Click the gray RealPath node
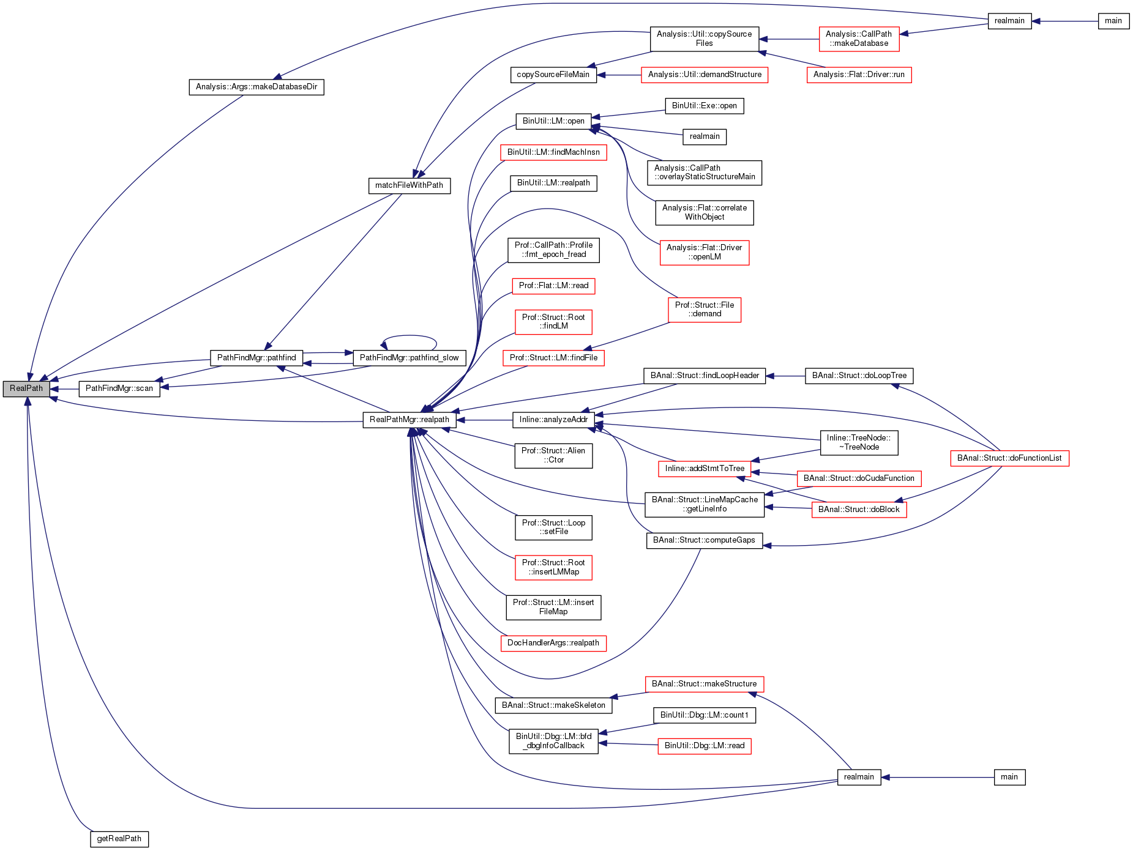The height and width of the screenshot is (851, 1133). pos(26,388)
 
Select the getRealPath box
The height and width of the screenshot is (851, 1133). pos(119,839)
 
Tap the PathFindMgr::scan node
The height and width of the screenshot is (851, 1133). pos(119,388)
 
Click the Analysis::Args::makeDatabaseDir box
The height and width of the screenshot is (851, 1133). pos(256,87)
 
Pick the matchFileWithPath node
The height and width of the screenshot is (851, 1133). pos(409,185)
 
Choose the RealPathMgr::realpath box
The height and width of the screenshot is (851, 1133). pos(409,420)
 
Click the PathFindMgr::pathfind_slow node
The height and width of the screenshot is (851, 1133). pos(409,358)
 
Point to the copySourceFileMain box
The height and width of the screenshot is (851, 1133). pos(553,75)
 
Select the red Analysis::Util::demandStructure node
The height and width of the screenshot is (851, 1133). pos(705,75)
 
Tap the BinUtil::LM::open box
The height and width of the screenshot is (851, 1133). pos(553,121)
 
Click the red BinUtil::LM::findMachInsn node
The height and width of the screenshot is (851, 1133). pos(553,152)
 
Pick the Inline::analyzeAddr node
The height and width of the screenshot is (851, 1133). pos(553,420)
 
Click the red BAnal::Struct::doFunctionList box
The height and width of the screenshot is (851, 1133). pos(1009,458)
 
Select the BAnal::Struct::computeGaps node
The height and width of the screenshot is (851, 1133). pos(704,540)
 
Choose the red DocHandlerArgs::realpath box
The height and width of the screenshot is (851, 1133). pos(553,643)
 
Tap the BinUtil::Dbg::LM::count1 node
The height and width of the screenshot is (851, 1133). pos(705,715)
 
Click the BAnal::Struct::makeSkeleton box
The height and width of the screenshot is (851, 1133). pos(553,705)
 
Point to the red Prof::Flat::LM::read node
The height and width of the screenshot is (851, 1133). pos(553,286)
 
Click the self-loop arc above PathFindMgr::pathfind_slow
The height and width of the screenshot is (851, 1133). pos(409,336)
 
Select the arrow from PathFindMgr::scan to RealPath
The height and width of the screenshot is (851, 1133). pos(64,388)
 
